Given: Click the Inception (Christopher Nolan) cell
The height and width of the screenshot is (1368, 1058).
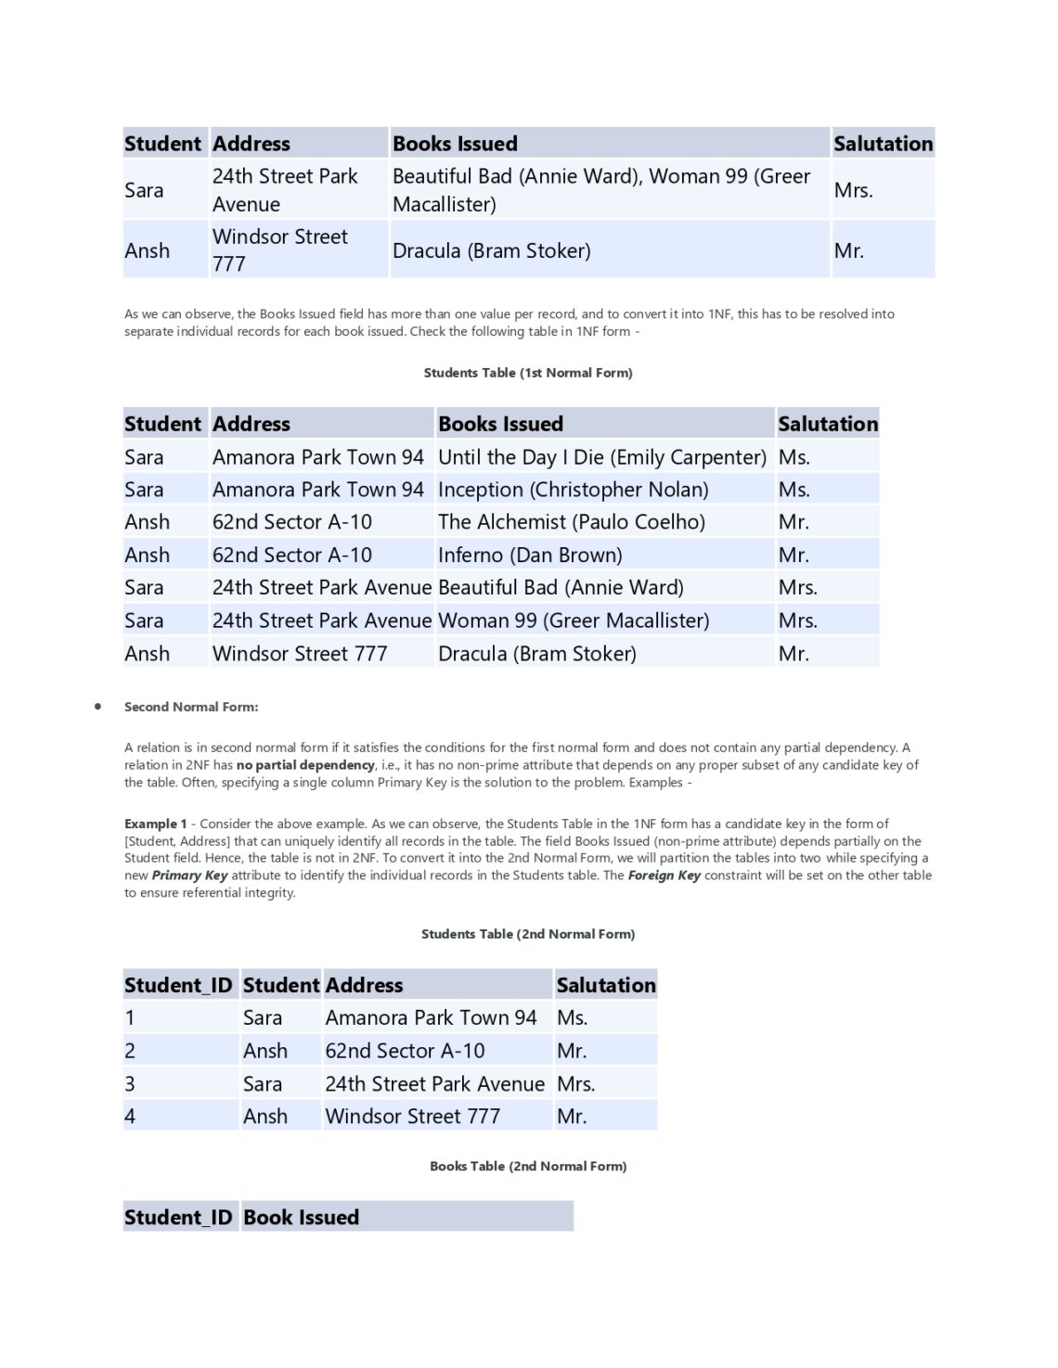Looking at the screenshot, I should coord(573,490).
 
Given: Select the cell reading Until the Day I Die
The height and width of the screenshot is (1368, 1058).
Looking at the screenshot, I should coord(601,457).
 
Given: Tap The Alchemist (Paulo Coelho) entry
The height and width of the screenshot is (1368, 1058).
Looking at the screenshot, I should coord(571,522).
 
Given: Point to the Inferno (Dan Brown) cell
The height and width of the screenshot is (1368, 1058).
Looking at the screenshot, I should coord(530,556).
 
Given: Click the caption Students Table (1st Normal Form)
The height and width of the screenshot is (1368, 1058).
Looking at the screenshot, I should coord(528,373).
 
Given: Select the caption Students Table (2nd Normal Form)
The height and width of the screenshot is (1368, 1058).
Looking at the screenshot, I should coord(528,934).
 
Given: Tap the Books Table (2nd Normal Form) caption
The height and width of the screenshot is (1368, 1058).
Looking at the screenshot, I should coord(528,1166).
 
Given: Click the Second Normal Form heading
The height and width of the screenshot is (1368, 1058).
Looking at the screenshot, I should coord(191,707).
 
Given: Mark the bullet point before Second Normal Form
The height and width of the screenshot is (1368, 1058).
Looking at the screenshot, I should coord(97,707).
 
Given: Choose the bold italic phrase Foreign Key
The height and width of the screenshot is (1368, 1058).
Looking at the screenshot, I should coord(664,876).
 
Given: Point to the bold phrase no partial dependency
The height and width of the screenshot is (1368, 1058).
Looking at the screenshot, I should coord(305,765).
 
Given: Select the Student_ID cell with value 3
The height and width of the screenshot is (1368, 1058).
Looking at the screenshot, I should coord(130,1083).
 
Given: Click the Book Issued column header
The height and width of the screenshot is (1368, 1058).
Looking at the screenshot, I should coord(301,1217).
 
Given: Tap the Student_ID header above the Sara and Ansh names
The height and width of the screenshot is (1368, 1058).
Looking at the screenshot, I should coord(178,985).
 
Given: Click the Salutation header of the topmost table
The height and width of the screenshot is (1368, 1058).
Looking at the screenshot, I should coord(883,144).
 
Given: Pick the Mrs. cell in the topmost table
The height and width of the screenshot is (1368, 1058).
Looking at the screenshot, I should coord(852,190).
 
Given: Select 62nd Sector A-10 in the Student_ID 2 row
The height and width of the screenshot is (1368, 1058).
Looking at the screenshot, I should coord(405,1051).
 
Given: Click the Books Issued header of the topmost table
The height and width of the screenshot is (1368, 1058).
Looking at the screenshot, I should coord(455,144).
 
